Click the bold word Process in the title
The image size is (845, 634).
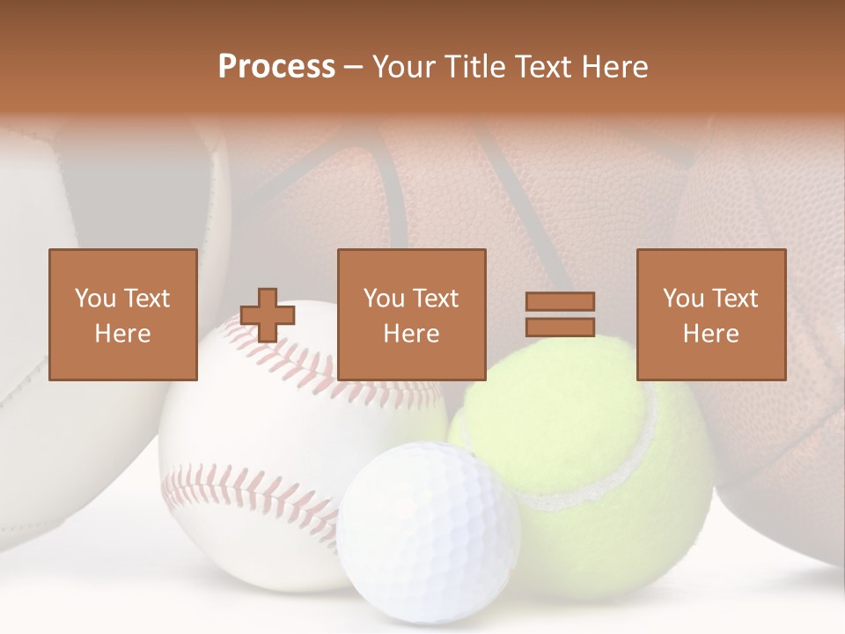pyautogui.click(x=276, y=67)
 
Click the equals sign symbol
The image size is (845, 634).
pyautogui.click(x=560, y=314)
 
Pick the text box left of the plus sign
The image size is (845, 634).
pyautogui.click(x=123, y=314)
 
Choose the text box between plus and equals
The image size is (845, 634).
pyautogui.click(x=412, y=314)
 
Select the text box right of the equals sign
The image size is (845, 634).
pyautogui.click(x=711, y=314)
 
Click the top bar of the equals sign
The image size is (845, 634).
pyautogui.click(x=560, y=302)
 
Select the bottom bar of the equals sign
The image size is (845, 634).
pyautogui.click(x=560, y=327)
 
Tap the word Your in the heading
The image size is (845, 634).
pyautogui.click(x=401, y=67)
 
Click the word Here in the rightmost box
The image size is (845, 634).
pyautogui.click(x=711, y=334)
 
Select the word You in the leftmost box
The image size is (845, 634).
pyautogui.click(x=94, y=299)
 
